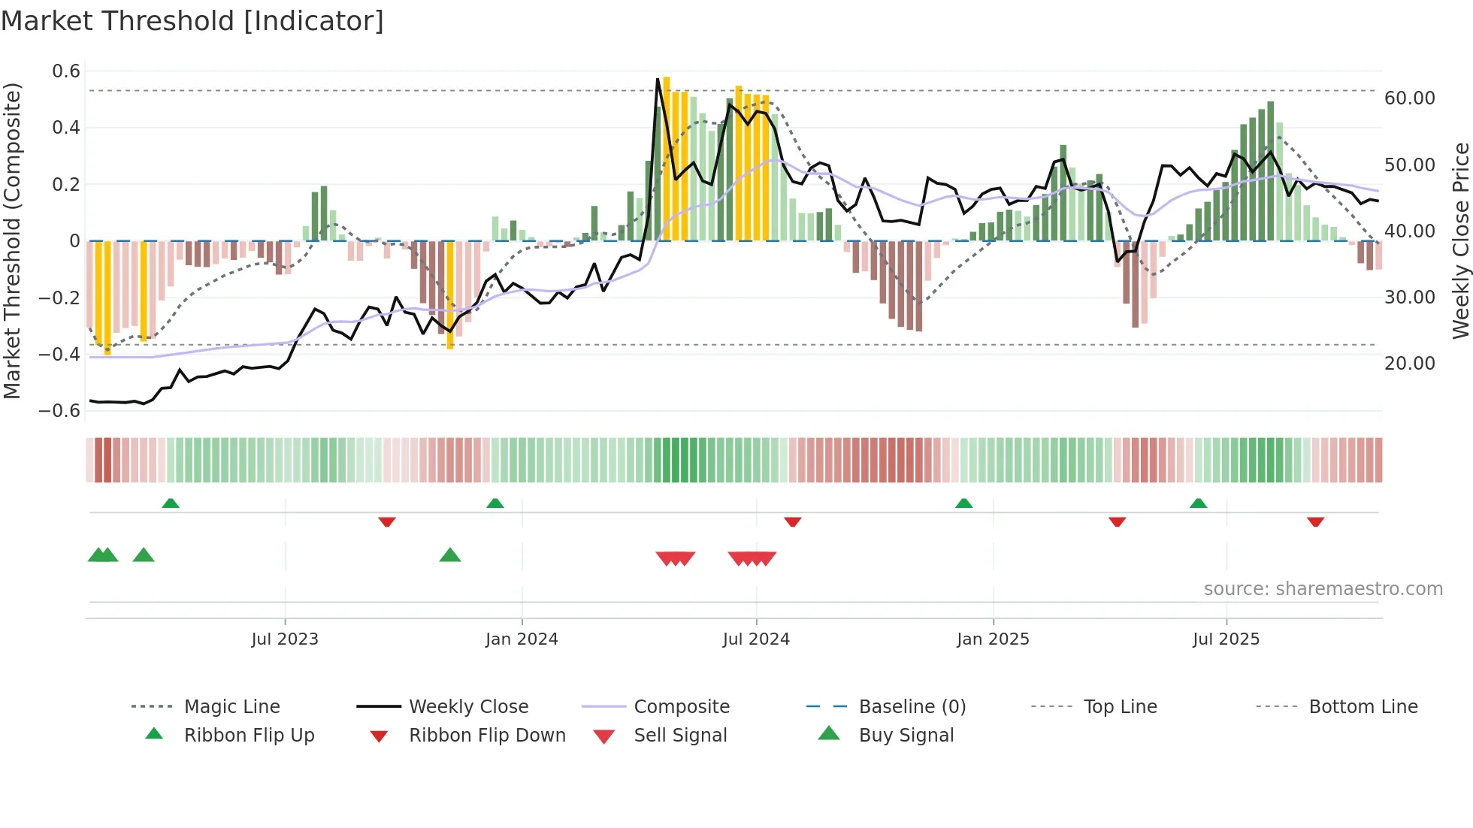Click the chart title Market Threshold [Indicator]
(x=192, y=21)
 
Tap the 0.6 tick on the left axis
(x=66, y=71)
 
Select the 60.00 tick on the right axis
(x=1409, y=98)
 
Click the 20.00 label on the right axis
(x=1409, y=364)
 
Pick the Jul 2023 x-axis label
(x=285, y=639)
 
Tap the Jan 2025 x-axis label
(x=993, y=639)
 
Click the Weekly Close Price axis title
(x=1460, y=240)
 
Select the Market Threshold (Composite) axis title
(x=12, y=240)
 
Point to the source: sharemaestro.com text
(x=1323, y=589)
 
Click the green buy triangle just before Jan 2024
(x=450, y=555)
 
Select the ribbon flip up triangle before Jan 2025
(x=963, y=503)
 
